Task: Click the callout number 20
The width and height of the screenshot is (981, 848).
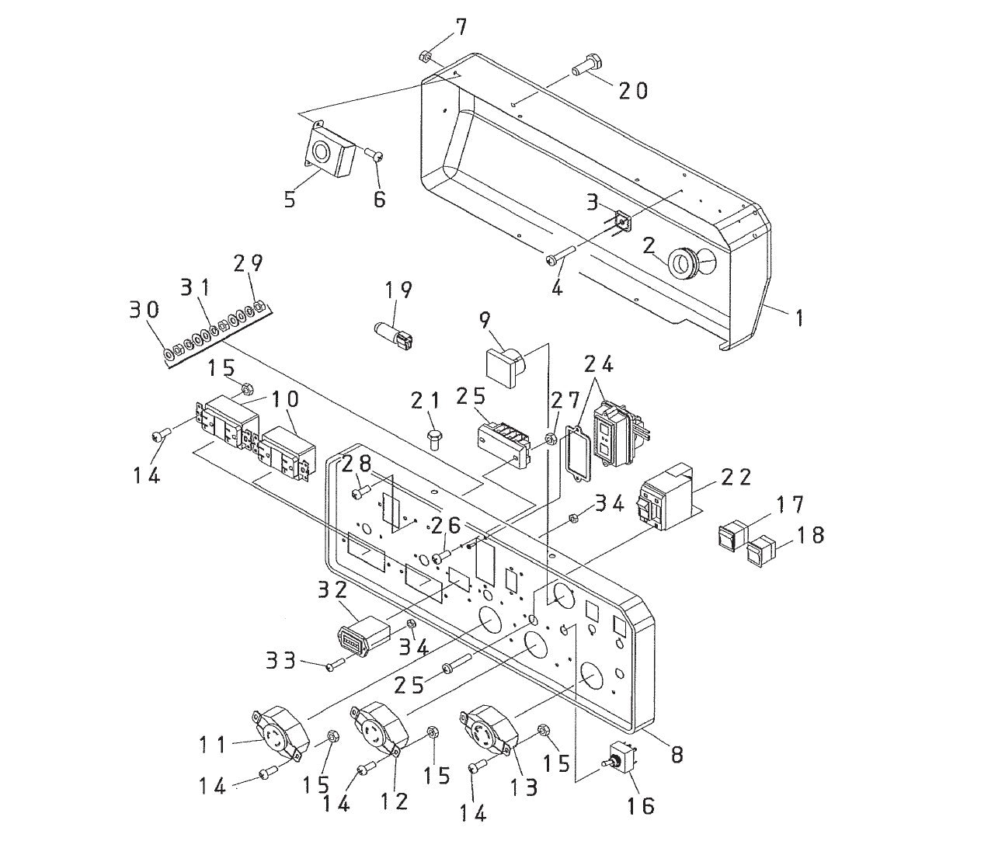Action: point(632,91)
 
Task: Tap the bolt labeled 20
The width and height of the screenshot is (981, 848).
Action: point(586,65)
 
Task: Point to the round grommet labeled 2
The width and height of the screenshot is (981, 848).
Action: point(684,262)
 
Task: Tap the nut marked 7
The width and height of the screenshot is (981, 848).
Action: point(425,56)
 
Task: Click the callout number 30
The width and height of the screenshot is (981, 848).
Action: point(144,310)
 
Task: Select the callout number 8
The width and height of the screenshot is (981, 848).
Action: point(677,753)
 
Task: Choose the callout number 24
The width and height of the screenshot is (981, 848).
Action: point(598,363)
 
